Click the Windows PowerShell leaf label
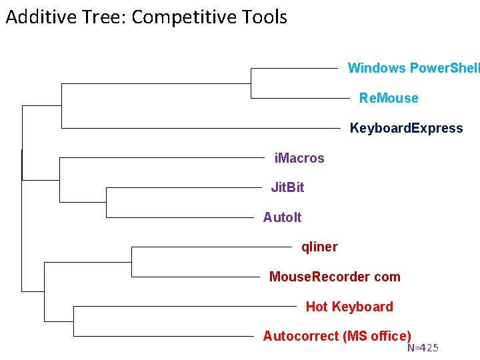coord(413,68)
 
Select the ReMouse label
coord(389,98)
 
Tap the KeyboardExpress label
coord(406,128)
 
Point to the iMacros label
coord(299,158)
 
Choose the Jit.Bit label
coord(287,187)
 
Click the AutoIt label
coord(282,217)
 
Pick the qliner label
coord(319,247)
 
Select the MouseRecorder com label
coord(335,277)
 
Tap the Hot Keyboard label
coord(349,307)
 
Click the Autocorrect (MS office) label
coord(337,336)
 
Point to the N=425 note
coord(423,348)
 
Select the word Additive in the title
coord(39,17)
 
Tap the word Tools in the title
coord(265,17)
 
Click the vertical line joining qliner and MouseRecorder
coord(131,261)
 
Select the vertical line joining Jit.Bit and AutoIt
coord(107,202)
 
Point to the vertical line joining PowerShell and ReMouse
coord(250,83)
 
